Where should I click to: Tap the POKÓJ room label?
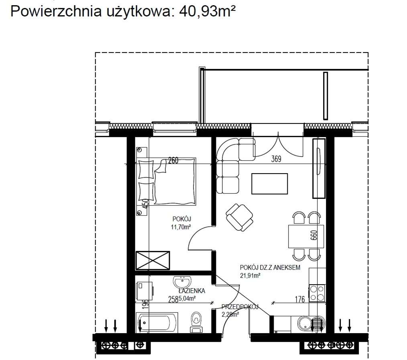click(181, 219)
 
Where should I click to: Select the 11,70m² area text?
click(181, 227)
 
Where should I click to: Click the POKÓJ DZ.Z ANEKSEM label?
click(270, 268)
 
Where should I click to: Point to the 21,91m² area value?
click(250, 275)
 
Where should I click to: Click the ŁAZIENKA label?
click(192, 291)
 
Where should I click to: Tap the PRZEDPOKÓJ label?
click(240, 307)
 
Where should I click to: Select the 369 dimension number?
click(276, 159)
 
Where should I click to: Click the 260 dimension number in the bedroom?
click(173, 161)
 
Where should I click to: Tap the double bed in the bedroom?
click(166, 182)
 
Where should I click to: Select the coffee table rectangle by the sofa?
click(269, 184)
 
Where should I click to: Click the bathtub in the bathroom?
click(157, 323)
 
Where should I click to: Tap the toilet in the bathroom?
click(196, 322)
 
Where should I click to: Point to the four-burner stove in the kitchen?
click(317, 293)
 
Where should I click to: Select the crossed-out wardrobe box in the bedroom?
click(153, 260)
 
